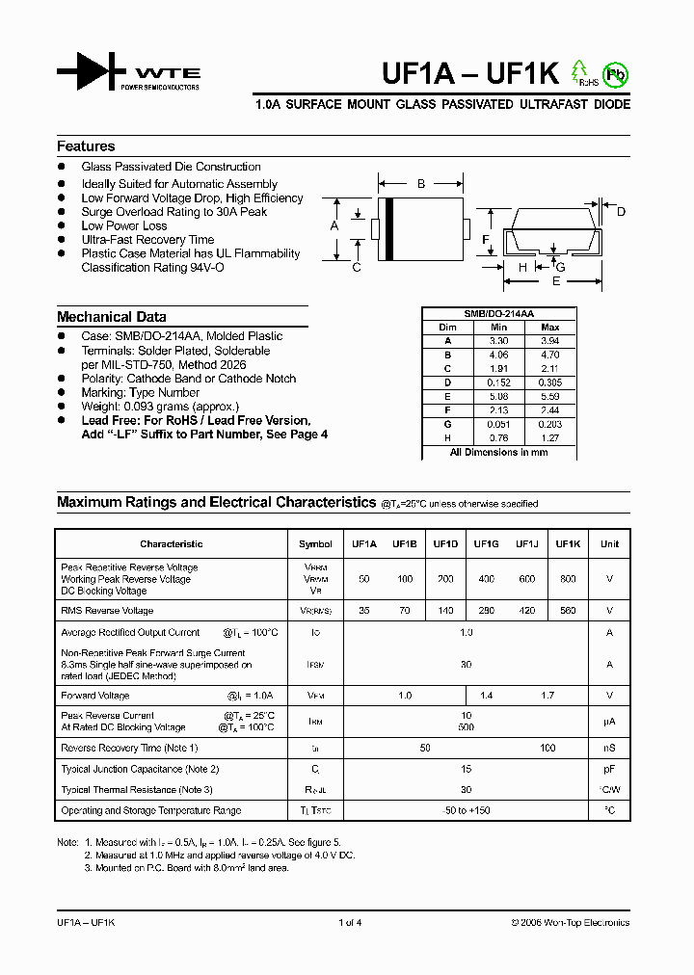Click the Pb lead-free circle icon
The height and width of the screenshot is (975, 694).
(613, 74)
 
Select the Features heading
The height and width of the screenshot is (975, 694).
(86, 146)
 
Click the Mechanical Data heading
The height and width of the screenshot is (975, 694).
(111, 317)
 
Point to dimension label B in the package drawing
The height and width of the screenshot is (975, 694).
(421, 183)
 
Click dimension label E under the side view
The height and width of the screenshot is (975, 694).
(555, 282)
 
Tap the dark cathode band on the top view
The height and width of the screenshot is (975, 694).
(388, 228)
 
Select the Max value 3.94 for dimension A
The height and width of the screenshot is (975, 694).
(550, 341)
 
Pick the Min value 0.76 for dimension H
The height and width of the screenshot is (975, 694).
(497, 436)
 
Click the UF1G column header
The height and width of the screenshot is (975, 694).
(486, 543)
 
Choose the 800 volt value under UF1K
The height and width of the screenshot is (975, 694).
(568, 579)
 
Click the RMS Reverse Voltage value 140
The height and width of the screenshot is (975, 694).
(445, 611)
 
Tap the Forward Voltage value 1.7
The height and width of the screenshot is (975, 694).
(547, 695)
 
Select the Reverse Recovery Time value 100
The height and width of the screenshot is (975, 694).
(547, 748)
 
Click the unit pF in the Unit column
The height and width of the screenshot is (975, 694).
(609, 769)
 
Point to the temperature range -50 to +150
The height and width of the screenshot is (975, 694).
(466, 810)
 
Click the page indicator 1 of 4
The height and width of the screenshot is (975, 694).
(350, 922)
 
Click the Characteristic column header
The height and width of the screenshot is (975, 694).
(171, 543)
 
